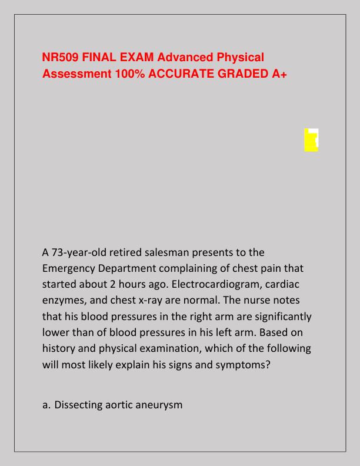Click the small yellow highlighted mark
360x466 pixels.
[311, 139]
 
